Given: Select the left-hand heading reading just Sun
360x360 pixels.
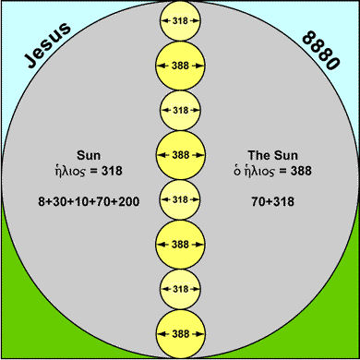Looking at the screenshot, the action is pos(90,153).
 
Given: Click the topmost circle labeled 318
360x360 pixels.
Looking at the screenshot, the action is pos(180,20).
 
